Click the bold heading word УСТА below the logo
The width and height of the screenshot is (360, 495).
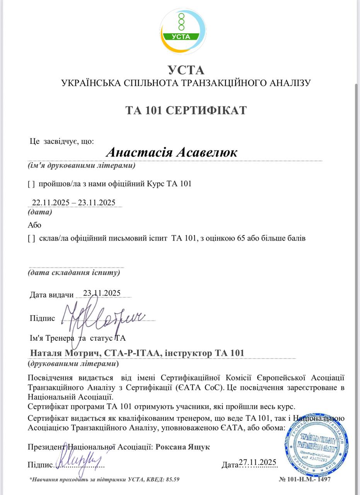pyautogui.click(x=186, y=70)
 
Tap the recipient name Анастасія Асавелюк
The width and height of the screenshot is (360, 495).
pyautogui.click(x=172, y=152)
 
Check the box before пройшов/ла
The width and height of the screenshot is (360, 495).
pyautogui.click(x=32, y=184)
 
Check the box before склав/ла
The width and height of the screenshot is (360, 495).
pyautogui.click(x=32, y=239)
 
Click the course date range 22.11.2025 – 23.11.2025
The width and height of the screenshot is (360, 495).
pyautogui.click(x=74, y=202)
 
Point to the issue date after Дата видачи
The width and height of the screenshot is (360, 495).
pyautogui.click(x=102, y=293)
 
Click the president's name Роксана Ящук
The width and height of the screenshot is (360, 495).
pyautogui.click(x=183, y=447)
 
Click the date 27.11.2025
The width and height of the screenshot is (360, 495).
pyautogui.click(x=258, y=463)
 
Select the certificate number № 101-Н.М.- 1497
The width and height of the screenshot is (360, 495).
pyautogui.click(x=305, y=479)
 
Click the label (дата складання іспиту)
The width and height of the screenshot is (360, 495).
pyautogui.click(x=74, y=273)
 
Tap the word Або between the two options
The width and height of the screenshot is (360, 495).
pyautogui.click(x=34, y=225)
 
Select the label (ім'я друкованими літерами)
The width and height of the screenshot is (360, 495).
pyautogui.click(x=82, y=166)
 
